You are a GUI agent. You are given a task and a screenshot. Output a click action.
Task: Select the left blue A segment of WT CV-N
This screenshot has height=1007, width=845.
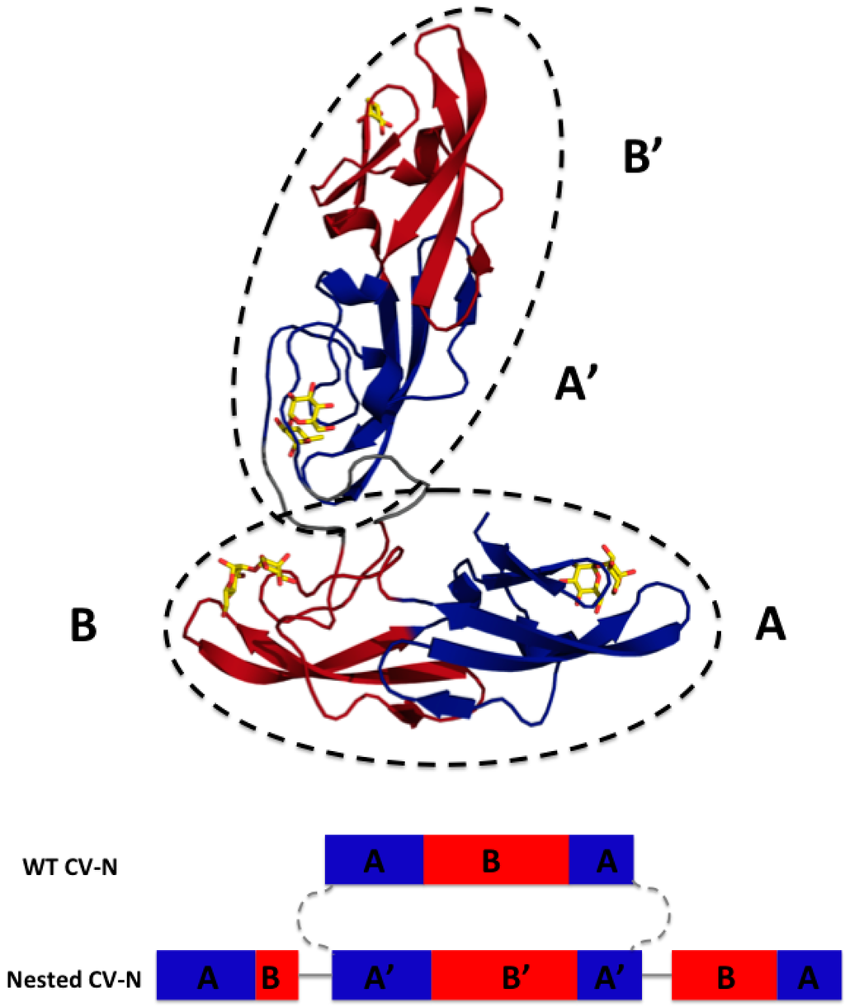pyautogui.click(x=374, y=860)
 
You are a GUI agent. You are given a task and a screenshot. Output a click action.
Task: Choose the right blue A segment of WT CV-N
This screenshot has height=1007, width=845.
pyautogui.click(x=601, y=860)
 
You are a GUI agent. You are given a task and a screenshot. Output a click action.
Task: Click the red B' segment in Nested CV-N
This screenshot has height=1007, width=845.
pyautogui.click(x=503, y=978)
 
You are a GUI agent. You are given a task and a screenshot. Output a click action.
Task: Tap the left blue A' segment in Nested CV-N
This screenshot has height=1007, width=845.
pyautogui.click(x=381, y=978)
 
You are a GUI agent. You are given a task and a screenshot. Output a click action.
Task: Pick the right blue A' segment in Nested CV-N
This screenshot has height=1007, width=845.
pyautogui.click(x=609, y=978)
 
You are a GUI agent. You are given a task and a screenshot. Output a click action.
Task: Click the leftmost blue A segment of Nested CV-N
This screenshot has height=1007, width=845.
pyautogui.click(x=205, y=978)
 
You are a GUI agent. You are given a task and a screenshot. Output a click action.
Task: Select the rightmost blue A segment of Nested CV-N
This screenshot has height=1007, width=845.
pyautogui.click(x=809, y=978)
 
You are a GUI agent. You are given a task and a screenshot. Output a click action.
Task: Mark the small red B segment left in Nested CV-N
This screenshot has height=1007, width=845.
pyautogui.click(x=276, y=978)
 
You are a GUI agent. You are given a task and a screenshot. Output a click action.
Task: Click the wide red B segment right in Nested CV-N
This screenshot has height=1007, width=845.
pyautogui.click(x=725, y=978)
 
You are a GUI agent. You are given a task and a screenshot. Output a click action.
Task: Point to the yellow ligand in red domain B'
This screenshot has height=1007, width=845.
pyautogui.click(x=379, y=116)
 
